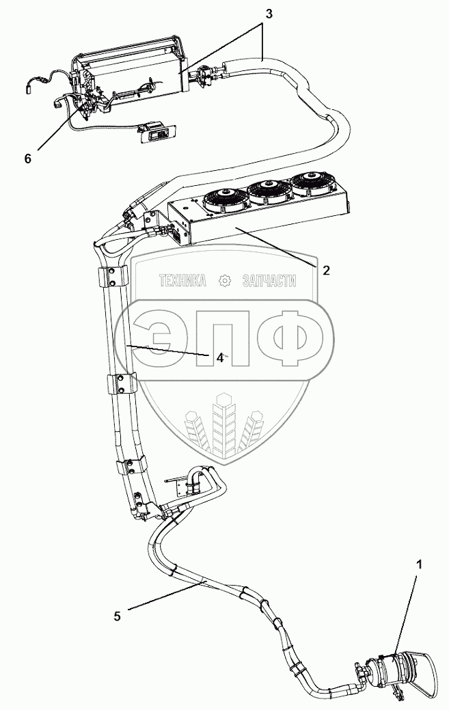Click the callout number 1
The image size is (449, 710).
[x=420, y=564]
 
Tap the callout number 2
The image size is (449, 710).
[x=326, y=270]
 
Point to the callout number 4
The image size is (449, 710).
[x=220, y=357]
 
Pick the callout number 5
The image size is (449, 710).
[x=117, y=616]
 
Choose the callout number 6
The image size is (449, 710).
[x=27, y=159]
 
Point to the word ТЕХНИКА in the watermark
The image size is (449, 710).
[x=182, y=281]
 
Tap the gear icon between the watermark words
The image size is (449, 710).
[x=223, y=281]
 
